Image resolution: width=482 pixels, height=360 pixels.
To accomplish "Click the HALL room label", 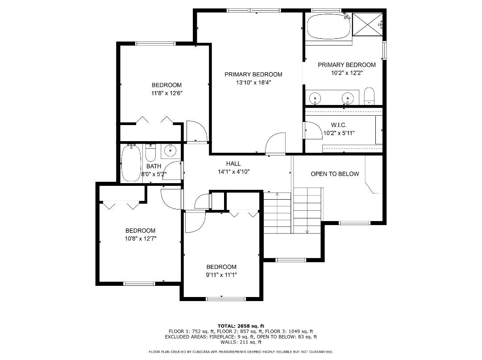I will tap(233, 164).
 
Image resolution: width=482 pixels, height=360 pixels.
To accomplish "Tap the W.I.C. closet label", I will tap(339, 125).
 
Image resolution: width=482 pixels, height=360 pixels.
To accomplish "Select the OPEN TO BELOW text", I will tap(335, 174).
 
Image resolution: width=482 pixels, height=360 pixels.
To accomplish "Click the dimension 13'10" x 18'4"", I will tap(253, 82).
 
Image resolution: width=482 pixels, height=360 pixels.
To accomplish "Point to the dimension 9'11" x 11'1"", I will tap(221, 275).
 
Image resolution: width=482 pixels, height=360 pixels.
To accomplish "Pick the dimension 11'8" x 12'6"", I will tap(167, 93).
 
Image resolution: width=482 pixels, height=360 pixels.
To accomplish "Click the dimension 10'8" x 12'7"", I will tap(140, 239).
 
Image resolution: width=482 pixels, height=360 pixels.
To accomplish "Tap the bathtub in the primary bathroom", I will tap(328, 26).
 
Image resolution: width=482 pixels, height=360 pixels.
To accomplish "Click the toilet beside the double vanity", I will tap(369, 96).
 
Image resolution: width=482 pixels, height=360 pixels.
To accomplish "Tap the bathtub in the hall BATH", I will tap(131, 163).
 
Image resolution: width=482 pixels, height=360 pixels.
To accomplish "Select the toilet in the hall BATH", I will tap(150, 153).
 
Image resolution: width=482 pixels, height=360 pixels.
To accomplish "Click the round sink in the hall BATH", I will tap(170, 151).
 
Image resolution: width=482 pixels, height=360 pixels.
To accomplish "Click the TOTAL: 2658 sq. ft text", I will tap(241, 326).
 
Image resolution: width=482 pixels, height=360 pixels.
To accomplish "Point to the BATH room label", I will tap(154, 166).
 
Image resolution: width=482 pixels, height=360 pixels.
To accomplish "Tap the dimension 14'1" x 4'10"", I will tap(233, 172).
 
